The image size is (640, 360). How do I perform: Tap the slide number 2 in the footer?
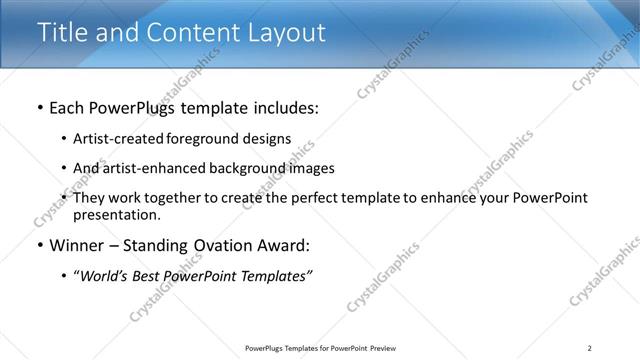tap(589, 348)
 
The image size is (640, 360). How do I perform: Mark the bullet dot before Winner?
tap(40, 246)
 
